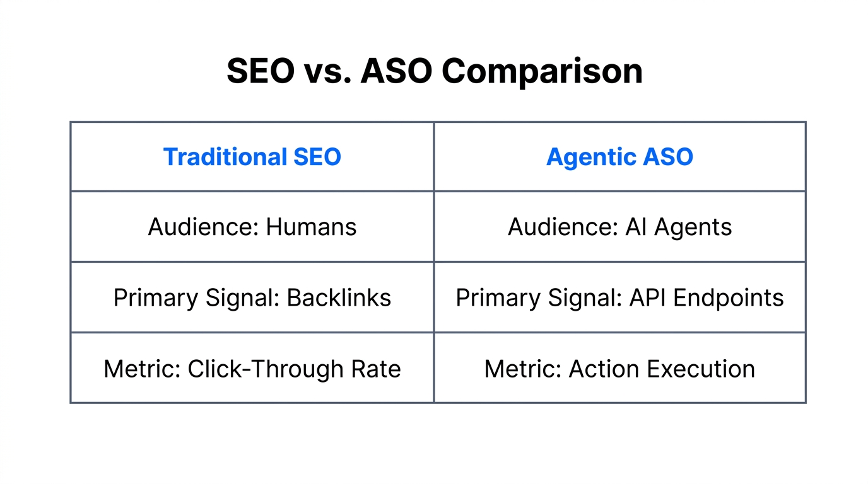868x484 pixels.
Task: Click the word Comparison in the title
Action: click(542, 72)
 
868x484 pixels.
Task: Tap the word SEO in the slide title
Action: click(260, 72)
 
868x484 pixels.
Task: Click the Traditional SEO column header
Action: click(252, 157)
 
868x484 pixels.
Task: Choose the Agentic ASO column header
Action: click(619, 157)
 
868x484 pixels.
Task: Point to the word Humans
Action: click(311, 227)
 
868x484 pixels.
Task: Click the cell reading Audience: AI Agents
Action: click(619, 227)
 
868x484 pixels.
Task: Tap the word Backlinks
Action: click(339, 297)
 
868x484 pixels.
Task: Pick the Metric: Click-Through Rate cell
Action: click(252, 369)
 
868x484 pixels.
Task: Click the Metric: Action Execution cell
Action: click(619, 369)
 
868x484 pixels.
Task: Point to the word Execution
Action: click(701, 369)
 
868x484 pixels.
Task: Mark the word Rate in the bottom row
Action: click(377, 369)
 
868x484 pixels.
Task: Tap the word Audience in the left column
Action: click(199, 227)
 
